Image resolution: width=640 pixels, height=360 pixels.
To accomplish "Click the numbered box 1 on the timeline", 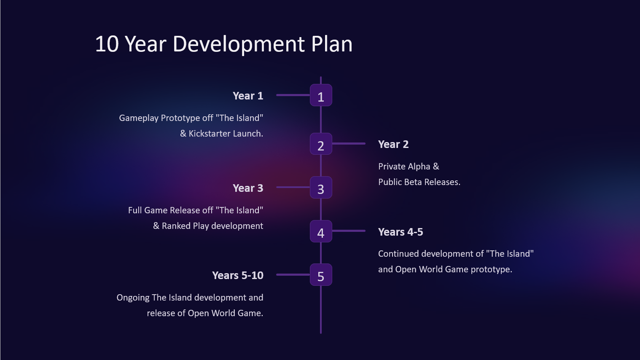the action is (321, 95).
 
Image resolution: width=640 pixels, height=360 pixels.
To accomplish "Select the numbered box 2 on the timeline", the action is (321, 144).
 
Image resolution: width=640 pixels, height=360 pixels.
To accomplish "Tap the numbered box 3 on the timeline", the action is (321, 188).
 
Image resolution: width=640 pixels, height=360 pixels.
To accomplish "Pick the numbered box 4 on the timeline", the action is (321, 231).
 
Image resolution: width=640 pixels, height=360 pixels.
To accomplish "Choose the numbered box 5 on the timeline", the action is (321, 274).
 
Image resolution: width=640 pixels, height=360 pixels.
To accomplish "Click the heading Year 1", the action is (248, 96).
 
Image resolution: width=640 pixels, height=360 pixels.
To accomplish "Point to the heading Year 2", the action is (393, 145).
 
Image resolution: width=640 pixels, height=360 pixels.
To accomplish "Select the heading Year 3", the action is (248, 188).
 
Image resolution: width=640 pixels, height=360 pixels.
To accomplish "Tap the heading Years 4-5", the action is (401, 232).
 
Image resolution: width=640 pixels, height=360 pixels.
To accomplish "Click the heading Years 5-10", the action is (238, 275).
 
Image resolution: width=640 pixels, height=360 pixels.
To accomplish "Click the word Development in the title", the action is (239, 45).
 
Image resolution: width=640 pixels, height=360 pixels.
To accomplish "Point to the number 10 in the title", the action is (107, 44).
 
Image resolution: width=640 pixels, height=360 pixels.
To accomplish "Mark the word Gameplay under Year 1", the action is (139, 118).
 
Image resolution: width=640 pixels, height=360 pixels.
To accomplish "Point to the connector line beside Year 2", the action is (349, 143).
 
